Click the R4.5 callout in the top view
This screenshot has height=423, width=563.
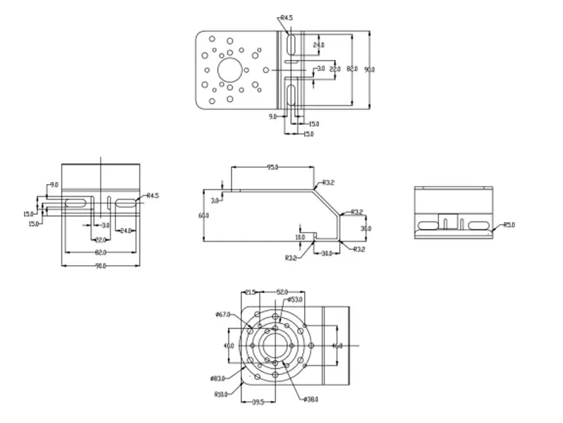pyautogui.click(x=286, y=17)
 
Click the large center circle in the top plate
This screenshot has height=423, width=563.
pyautogui.click(x=229, y=68)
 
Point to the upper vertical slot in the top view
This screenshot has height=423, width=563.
pyautogui.click(x=291, y=42)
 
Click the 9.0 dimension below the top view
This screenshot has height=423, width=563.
pyautogui.click(x=272, y=117)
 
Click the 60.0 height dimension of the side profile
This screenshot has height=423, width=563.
pyautogui.click(x=204, y=215)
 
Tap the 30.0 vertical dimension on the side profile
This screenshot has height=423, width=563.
pyautogui.click(x=366, y=228)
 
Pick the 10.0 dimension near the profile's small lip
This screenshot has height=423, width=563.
pyautogui.click(x=301, y=238)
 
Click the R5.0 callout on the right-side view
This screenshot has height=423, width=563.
pyautogui.click(x=509, y=226)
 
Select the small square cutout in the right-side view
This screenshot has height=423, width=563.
pyautogui.click(x=447, y=219)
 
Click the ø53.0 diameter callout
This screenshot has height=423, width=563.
pyautogui.click(x=294, y=300)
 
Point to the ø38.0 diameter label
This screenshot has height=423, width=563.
pyautogui.click(x=310, y=400)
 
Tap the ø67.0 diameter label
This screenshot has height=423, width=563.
pyautogui.click(x=224, y=315)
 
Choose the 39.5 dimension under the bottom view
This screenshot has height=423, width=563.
pyautogui.click(x=257, y=402)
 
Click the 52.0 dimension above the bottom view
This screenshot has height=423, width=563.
pyautogui.click(x=282, y=291)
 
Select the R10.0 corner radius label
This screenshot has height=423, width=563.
pyautogui.click(x=221, y=395)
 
